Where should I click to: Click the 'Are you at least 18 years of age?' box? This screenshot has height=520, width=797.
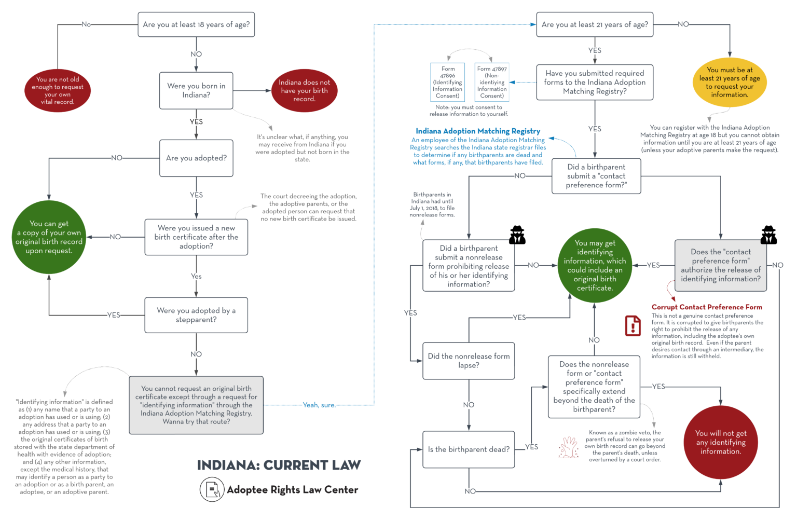click(196, 24)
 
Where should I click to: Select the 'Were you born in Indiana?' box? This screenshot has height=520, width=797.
click(196, 91)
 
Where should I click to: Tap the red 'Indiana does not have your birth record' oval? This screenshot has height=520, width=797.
click(304, 91)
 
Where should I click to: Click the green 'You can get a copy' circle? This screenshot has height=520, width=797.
click(49, 237)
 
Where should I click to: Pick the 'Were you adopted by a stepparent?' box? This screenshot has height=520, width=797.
click(196, 315)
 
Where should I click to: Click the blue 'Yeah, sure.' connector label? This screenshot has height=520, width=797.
click(319, 405)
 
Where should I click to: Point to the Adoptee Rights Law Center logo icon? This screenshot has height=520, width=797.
click(212, 489)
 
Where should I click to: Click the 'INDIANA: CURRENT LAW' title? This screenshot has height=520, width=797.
click(279, 465)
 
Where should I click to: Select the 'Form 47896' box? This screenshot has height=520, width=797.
click(448, 83)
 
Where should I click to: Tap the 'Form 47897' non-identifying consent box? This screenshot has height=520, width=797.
click(492, 83)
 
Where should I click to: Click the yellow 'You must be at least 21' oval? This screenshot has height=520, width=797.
click(729, 83)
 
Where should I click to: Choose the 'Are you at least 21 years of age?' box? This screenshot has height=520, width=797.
click(595, 24)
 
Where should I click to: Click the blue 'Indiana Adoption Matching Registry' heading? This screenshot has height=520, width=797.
click(477, 131)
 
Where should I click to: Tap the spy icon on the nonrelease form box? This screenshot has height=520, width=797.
click(517, 235)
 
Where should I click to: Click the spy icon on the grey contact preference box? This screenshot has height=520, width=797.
click(768, 235)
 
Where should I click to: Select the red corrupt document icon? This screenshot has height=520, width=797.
click(633, 326)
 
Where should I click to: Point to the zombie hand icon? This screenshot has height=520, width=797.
click(569, 447)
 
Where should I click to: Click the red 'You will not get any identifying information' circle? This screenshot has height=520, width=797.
click(721, 442)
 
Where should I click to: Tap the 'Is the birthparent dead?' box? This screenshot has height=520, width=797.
click(469, 449)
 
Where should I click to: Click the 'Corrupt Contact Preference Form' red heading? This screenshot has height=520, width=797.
click(707, 307)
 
